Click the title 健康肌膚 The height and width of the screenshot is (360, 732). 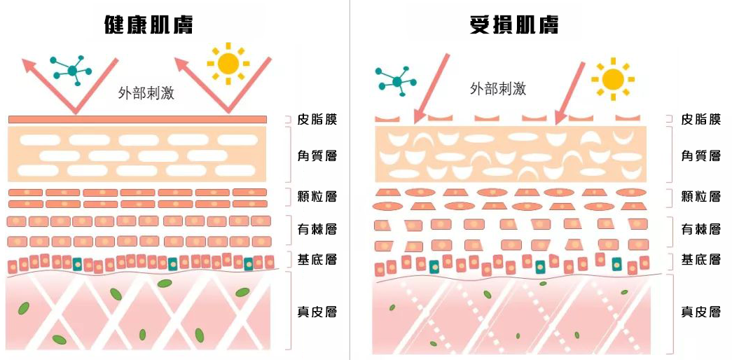pos(148,25)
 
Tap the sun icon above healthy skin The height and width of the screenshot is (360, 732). pos(228,64)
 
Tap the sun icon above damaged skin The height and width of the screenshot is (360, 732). pos(612,76)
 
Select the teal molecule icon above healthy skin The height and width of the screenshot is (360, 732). pos(72,69)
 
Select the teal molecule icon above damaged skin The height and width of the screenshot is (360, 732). pos(398,81)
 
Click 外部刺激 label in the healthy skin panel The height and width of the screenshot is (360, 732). pos(146,94)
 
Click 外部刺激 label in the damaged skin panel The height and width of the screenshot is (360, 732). pos(497,88)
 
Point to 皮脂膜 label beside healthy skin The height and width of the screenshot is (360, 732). pos(317,120)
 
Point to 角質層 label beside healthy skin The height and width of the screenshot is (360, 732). pos(317,155)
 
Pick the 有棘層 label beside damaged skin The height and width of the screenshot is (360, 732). pos(700,229)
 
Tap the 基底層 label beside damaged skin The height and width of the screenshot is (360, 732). pos(700,260)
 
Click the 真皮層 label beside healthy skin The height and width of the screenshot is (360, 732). pos(317,311)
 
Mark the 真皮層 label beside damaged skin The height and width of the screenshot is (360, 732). pos(700,311)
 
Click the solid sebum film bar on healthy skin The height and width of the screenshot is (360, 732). pos(137,120)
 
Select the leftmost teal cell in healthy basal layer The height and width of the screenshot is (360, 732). pos(77,264)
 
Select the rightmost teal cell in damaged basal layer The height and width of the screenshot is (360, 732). pos(616,264)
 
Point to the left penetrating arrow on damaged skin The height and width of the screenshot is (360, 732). pos(431,88)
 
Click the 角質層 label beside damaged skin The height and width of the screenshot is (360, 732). pos(700,155)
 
